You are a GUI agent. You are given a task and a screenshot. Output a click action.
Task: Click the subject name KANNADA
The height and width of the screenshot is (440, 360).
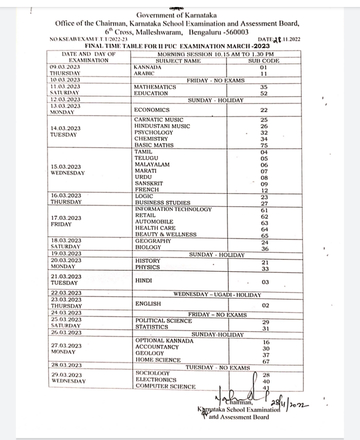(x=147, y=67)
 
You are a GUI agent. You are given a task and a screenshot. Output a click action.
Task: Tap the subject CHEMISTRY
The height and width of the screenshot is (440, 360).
(x=151, y=138)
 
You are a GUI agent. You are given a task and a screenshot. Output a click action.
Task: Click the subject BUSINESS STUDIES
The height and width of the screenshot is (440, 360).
(x=162, y=202)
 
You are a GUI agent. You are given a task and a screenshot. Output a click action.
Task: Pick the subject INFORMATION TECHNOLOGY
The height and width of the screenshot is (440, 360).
(x=173, y=209)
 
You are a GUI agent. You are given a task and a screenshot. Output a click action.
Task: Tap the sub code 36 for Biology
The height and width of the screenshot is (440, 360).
(x=264, y=248)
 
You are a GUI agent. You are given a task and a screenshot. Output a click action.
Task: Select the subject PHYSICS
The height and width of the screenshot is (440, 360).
(x=147, y=267)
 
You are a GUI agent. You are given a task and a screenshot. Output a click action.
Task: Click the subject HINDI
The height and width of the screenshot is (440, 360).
(x=142, y=281)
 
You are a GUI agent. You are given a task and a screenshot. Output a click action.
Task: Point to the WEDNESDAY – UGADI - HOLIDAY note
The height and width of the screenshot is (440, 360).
(x=217, y=294)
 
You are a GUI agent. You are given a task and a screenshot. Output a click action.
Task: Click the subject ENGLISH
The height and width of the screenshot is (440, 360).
(x=148, y=303)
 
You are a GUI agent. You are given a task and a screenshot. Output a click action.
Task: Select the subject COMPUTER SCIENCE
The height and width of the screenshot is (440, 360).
(x=165, y=386)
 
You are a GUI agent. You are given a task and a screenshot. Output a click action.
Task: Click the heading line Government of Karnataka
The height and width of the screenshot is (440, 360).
(x=179, y=16)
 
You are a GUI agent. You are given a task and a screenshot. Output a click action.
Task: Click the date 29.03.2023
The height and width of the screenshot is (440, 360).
(x=66, y=374)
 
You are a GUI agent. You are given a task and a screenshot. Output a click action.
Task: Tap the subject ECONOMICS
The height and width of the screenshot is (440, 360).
(x=152, y=110)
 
